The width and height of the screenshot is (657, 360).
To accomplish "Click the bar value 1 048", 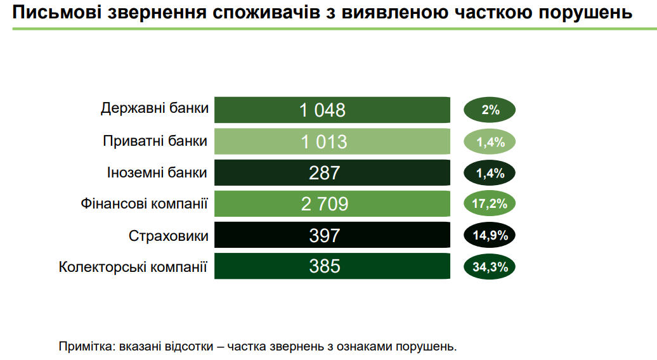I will [x=322, y=110].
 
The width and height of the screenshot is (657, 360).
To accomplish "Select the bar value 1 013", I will [x=324, y=141].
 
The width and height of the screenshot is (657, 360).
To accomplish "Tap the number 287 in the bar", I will [x=325, y=172].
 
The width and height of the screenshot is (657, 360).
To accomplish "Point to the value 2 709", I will [x=325, y=204].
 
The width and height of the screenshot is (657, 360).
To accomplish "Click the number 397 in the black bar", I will [x=325, y=235].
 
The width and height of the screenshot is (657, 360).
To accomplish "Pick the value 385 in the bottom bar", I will [x=325, y=266].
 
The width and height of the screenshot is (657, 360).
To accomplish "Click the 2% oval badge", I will [x=490, y=110].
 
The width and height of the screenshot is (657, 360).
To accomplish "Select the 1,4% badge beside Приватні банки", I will [x=490, y=142].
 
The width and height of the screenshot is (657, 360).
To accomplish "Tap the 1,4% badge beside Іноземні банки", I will [x=490, y=173].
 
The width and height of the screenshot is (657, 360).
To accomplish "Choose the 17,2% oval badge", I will [x=490, y=204].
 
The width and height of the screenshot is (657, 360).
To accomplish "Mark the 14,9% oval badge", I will [x=490, y=236].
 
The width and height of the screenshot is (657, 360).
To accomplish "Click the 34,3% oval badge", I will [x=490, y=267].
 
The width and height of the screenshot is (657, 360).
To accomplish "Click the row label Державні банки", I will [x=154, y=108].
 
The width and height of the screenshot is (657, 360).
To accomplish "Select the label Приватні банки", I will [x=155, y=141].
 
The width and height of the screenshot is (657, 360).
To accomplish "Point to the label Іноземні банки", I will [x=157, y=172].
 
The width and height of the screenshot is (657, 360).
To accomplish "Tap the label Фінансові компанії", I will [x=145, y=204].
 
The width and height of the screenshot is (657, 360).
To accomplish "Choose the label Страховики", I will [x=168, y=236].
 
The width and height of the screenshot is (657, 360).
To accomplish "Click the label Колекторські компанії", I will [x=133, y=267].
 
